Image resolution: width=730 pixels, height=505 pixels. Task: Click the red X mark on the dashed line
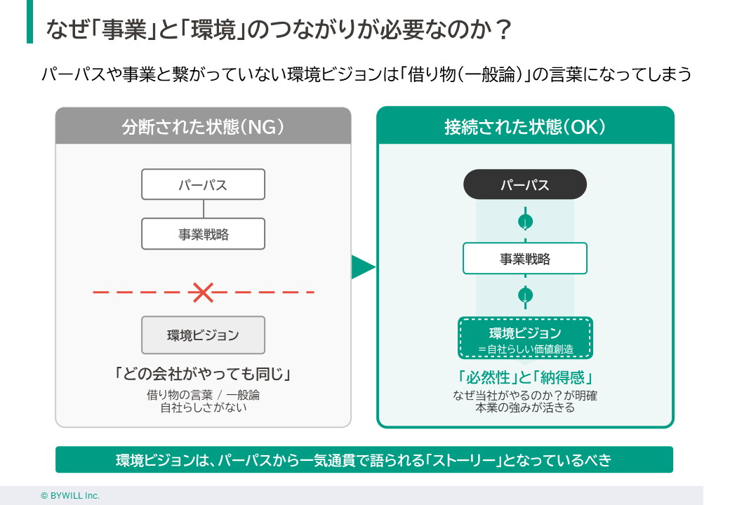click(x=203, y=292)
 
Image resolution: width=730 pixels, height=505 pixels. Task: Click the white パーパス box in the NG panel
click(x=203, y=184)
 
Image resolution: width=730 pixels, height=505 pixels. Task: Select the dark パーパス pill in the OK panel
click(x=525, y=184)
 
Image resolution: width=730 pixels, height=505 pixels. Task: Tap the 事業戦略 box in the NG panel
click(x=203, y=234)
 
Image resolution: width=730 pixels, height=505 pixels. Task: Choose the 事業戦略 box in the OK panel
click(x=525, y=258)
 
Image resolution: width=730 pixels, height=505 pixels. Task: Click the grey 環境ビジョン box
click(x=203, y=335)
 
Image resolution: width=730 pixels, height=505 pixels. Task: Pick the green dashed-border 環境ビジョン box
click(x=525, y=337)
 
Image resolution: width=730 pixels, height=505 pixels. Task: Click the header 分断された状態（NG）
click(x=203, y=127)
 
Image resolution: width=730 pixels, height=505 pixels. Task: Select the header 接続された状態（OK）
click(x=525, y=127)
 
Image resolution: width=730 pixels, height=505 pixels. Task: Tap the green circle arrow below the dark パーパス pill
click(x=525, y=222)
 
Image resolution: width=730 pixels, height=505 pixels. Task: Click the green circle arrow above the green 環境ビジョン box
click(x=525, y=295)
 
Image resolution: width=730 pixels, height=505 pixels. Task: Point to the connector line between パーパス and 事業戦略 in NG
click(x=204, y=209)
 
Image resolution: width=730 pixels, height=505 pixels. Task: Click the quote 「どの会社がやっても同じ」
click(x=203, y=374)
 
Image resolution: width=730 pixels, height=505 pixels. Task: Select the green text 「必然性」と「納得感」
click(x=525, y=375)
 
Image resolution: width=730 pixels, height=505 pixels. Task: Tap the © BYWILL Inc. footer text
click(x=70, y=495)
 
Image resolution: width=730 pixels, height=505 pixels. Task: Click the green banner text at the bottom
click(x=364, y=460)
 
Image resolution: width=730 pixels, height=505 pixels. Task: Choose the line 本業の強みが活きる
click(x=525, y=408)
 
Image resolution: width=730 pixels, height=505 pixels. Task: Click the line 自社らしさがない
click(x=203, y=407)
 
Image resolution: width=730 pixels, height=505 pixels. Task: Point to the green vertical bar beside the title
click(x=29, y=22)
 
